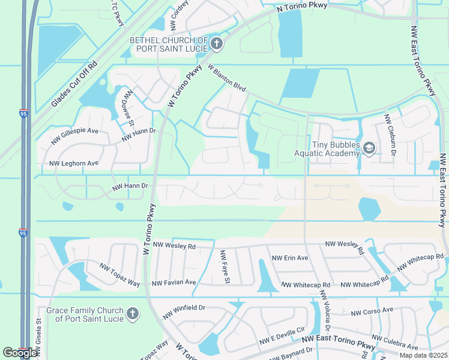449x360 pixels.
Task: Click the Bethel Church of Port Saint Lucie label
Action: (x=169, y=44)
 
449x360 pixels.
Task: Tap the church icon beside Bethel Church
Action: (x=217, y=44)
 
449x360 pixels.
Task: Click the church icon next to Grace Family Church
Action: (x=133, y=313)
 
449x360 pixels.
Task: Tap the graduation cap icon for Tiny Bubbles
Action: (x=370, y=148)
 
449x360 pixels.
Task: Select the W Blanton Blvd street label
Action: (x=228, y=78)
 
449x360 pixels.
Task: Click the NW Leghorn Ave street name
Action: (x=73, y=163)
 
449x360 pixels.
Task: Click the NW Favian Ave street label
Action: (x=174, y=282)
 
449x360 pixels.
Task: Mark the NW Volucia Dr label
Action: (x=325, y=311)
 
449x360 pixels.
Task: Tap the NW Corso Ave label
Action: (x=372, y=311)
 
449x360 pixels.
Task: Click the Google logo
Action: (x=19, y=353)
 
